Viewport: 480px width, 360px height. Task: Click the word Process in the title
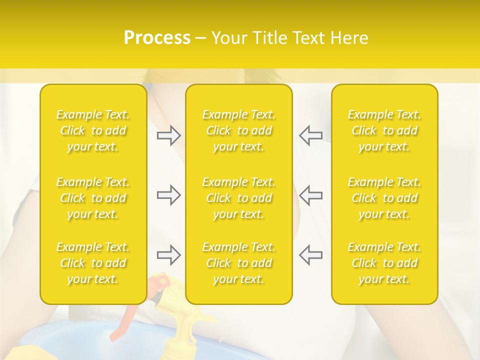(x=157, y=38)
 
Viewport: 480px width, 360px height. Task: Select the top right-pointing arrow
(x=168, y=135)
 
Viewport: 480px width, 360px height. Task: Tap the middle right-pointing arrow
(x=168, y=195)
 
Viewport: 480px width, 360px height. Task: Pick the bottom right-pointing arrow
(x=168, y=255)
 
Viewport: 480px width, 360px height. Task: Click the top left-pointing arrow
(x=311, y=135)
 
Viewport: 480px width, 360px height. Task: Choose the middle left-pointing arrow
(x=311, y=195)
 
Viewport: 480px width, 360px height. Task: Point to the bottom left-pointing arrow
(x=311, y=255)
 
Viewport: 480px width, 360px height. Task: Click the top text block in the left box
(x=93, y=130)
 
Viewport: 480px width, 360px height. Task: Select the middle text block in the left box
(x=93, y=198)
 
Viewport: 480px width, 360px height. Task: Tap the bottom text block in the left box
(x=93, y=263)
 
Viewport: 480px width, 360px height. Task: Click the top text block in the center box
(x=239, y=130)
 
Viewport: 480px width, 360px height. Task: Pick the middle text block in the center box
(x=239, y=198)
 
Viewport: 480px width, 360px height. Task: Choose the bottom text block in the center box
(x=239, y=263)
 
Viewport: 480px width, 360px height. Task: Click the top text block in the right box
(x=384, y=130)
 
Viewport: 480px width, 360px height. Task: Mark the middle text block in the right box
(x=384, y=198)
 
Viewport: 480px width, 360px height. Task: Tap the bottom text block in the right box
(x=384, y=263)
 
